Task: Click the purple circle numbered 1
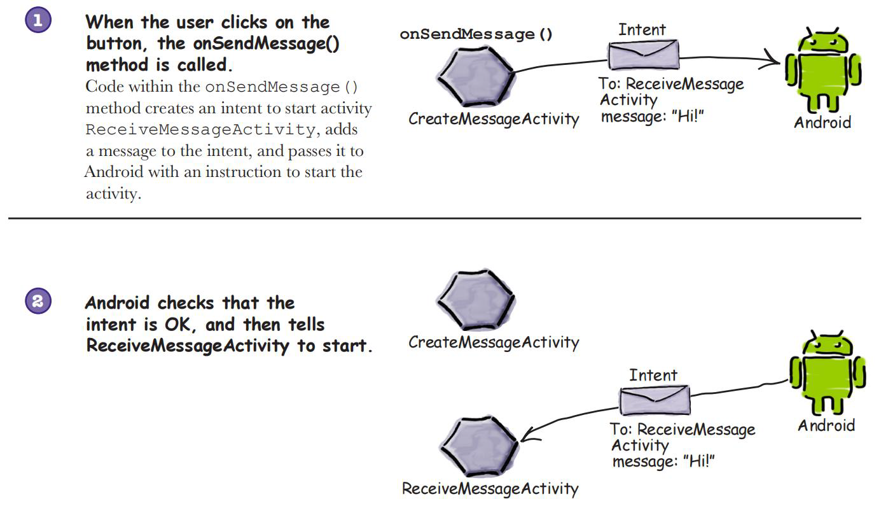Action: [x=38, y=20]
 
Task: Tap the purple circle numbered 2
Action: [x=38, y=301]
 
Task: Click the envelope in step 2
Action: [x=655, y=400]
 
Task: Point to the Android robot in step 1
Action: [x=822, y=69]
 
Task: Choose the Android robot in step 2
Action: [x=827, y=372]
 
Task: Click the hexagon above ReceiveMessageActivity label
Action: [x=479, y=446]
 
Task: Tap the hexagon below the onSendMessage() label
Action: [x=476, y=76]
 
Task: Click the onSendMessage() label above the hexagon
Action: [x=476, y=34]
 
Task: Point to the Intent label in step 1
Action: [x=642, y=29]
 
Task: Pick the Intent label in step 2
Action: [x=653, y=375]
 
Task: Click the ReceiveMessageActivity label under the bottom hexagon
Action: [x=490, y=489]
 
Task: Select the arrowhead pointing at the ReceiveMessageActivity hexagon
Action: [x=529, y=436]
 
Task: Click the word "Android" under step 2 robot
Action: [x=826, y=425]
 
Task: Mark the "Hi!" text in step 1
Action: [x=688, y=116]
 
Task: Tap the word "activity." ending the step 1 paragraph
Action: [x=113, y=193]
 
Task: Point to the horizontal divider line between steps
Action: [x=434, y=218]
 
